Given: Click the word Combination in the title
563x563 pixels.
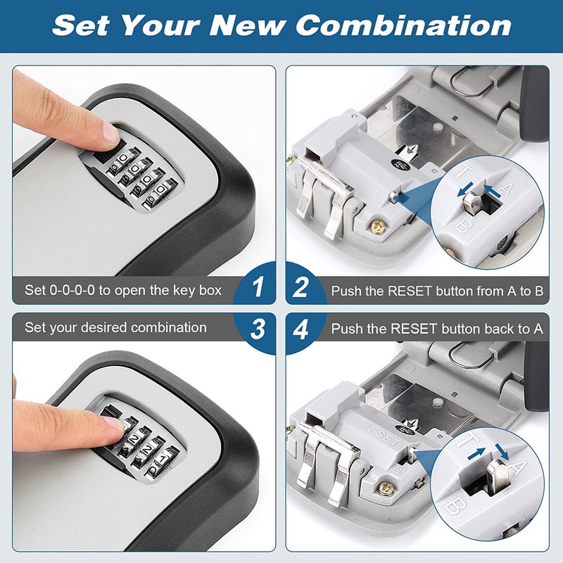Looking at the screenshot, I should [x=403, y=25].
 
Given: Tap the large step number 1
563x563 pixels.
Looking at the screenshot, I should [x=258, y=287].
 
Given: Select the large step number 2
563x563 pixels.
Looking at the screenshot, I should [x=302, y=287].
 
